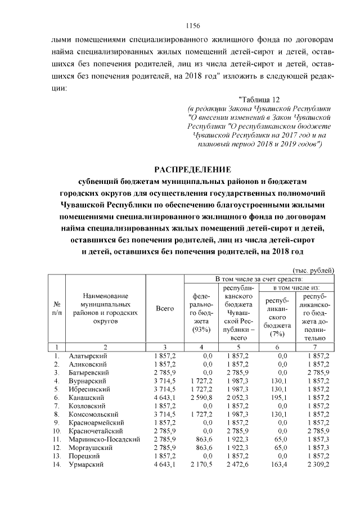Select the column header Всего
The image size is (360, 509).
(165, 308)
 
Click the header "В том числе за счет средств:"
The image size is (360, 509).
(259, 279)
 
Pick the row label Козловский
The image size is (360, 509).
(87, 406)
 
